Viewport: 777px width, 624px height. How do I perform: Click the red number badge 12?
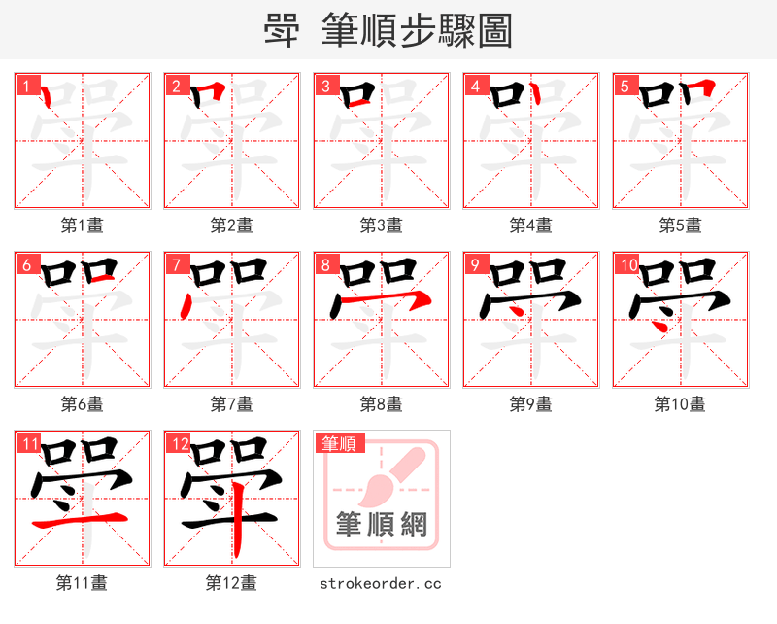[x=178, y=444]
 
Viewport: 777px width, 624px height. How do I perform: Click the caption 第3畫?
[x=381, y=225]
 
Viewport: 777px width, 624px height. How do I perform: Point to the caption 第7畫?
[x=231, y=404]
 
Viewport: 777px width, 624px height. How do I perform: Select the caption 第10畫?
[x=680, y=404]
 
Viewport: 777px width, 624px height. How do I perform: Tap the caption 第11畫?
[x=82, y=583]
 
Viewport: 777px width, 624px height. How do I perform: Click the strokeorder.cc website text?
[x=381, y=583]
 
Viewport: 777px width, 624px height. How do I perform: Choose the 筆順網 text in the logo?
[x=381, y=525]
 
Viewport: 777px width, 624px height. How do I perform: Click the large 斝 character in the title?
[x=282, y=31]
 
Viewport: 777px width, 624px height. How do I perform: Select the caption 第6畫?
[x=82, y=404]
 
